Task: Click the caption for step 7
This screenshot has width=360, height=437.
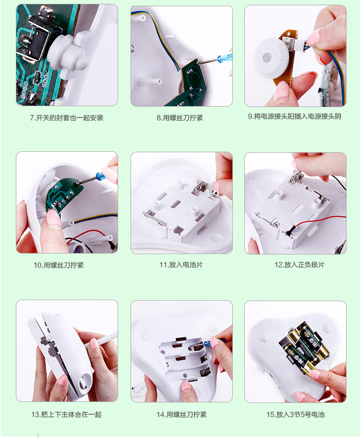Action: pyautogui.click(x=67, y=118)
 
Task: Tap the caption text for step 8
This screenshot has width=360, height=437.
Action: pyautogui.click(x=180, y=118)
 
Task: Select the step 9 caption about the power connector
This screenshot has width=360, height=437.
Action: pyautogui.click(x=295, y=117)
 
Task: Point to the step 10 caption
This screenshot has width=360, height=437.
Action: pyautogui.click(x=59, y=265)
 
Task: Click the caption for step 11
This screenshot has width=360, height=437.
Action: pyautogui.click(x=181, y=265)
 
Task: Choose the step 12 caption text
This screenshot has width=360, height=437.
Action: pyautogui.click(x=300, y=265)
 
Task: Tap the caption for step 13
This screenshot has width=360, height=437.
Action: pyautogui.click(x=66, y=414)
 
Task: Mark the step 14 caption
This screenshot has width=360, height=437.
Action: pyautogui.click(x=181, y=414)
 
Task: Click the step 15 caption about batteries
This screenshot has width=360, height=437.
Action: pyautogui.click(x=295, y=414)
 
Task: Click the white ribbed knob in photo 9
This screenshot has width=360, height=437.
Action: pyautogui.click(x=271, y=58)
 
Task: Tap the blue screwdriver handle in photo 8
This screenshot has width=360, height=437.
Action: pyautogui.click(x=225, y=58)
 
